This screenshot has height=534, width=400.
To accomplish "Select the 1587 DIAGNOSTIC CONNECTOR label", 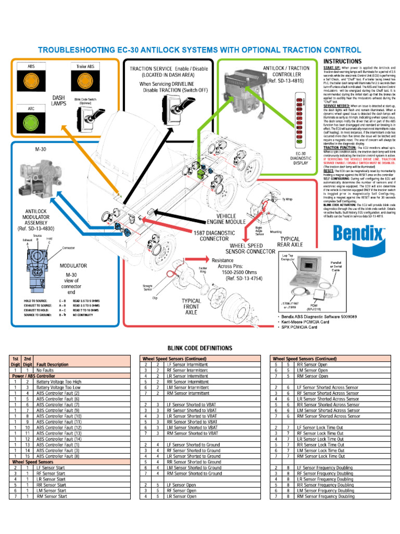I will point(215,235).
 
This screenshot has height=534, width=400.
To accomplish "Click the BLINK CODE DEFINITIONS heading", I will point(199,348).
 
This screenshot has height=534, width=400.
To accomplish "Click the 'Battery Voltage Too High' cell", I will point(58,382).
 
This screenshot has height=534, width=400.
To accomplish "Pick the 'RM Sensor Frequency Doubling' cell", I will point(324,496).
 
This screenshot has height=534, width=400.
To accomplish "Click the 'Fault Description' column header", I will point(52,365).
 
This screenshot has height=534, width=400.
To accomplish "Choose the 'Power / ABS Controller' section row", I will point(33,376).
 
